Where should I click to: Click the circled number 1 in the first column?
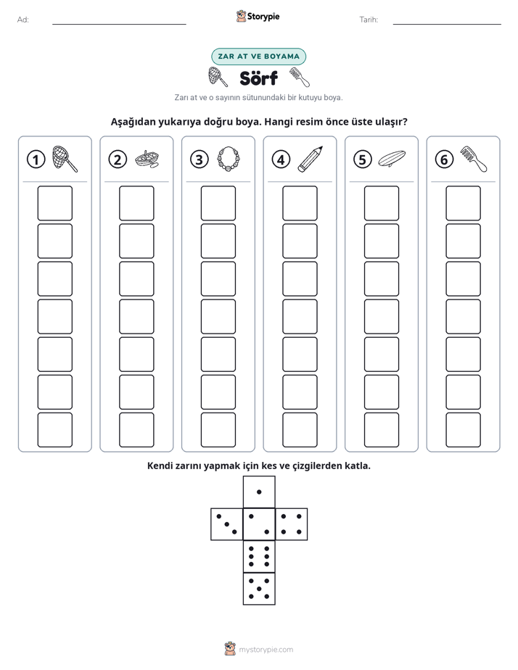[x=36, y=160]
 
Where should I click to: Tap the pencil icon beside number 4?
[x=310, y=159]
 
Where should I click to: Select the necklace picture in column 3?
[x=229, y=160]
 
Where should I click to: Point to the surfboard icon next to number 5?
[x=392, y=159]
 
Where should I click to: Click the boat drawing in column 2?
[x=147, y=159]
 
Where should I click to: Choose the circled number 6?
[x=444, y=160]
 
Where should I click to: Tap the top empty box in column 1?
[x=54, y=203]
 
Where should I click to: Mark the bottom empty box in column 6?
[x=463, y=430]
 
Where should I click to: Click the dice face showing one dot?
[x=259, y=492]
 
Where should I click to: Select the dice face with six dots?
[x=259, y=556]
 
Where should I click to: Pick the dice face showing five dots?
[x=259, y=588]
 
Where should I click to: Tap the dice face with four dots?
[x=292, y=524]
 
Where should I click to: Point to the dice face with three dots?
[x=227, y=524]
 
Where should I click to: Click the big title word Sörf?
[x=258, y=78]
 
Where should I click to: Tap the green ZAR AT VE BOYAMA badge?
[x=258, y=57]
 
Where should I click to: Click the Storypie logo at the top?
[x=258, y=16]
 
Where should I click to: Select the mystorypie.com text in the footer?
[x=266, y=650]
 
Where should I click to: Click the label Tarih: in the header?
[x=369, y=20]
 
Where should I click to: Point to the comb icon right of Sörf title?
[x=299, y=78]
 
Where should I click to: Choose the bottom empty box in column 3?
[x=218, y=430]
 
